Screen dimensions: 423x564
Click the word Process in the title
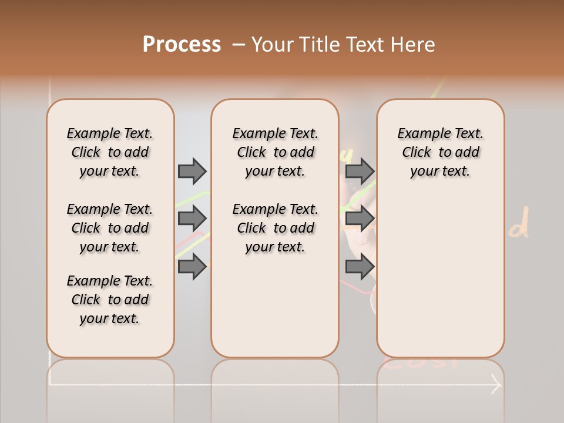(x=182, y=44)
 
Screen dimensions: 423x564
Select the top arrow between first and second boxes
(x=192, y=171)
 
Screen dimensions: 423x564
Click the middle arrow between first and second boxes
(x=192, y=219)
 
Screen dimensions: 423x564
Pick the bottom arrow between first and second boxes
(x=192, y=267)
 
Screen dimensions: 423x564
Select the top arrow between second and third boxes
(x=360, y=171)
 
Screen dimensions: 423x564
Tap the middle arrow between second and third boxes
(x=360, y=219)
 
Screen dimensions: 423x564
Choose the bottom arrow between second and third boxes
(x=360, y=267)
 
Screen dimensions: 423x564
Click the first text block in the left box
(x=110, y=152)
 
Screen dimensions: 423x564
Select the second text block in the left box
(x=110, y=228)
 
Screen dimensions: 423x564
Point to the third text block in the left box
(x=110, y=300)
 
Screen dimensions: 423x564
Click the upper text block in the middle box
(x=275, y=152)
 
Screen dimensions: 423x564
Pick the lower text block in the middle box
(x=275, y=228)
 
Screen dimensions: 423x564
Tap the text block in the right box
(x=441, y=152)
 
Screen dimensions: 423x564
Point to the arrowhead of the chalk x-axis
(x=497, y=385)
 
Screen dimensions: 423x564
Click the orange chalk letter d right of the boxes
(x=519, y=226)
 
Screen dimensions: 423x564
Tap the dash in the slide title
(x=238, y=44)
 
